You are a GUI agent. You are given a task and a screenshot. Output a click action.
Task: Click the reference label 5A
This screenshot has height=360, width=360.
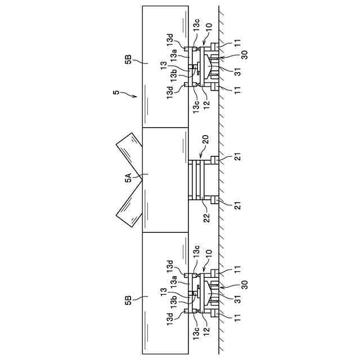(128, 179)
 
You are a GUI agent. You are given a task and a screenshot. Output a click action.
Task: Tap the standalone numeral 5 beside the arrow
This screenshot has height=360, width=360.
(116, 92)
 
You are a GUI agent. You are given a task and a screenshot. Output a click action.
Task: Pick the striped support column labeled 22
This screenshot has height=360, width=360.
(197, 179)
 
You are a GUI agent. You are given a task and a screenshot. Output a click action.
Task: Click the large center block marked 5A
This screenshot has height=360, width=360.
(165, 179)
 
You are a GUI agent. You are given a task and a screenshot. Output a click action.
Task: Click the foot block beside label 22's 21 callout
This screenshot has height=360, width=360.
(214, 200)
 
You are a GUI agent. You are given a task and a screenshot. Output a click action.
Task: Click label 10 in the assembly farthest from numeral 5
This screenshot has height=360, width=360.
(208, 262)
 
